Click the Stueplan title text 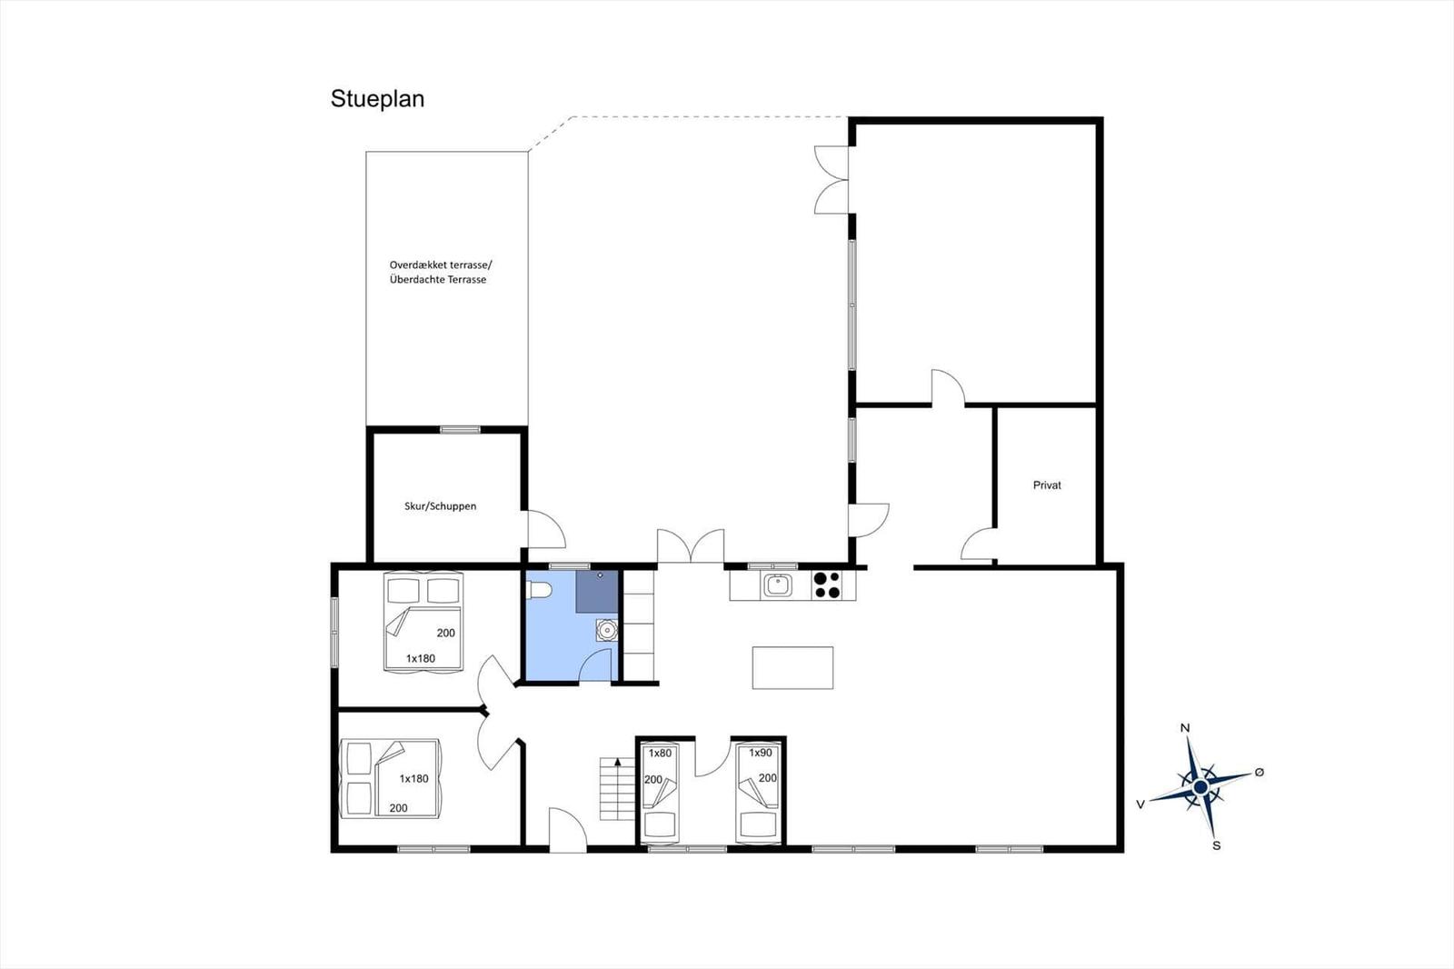pyautogui.click(x=377, y=99)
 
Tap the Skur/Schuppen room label pyautogui.click(x=440, y=506)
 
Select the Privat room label pyautogui.click(x=1047, y=485)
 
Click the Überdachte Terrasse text pyautogui.click(x=437, y=279)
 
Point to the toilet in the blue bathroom pyautogui.click(x=540, y=590)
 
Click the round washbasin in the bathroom pyautogui.click(x=607, y=630)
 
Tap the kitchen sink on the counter pyautogui.click(x=777, y=585)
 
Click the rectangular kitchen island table pyautogui.click(x=792, y=667)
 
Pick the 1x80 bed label pyautogui.click(x=660, y=754)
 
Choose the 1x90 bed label pyautogui.click(x=760, y=753)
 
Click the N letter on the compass pyautogui.click(x=1185, y=728)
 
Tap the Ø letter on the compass pyautogui.click(x=1260, y=773)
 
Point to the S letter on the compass pyautogui.click(x=1217, y=845)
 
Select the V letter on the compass pyautogui.click(x=1140, y=804)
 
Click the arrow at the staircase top pyautogui.click(x=617, y=763)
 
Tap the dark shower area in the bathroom pyautogui.click(x=597, y=592)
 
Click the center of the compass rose pyautogui.click(x=1200, y=787)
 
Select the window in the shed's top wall pyautogui.click(x=460, y=429)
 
